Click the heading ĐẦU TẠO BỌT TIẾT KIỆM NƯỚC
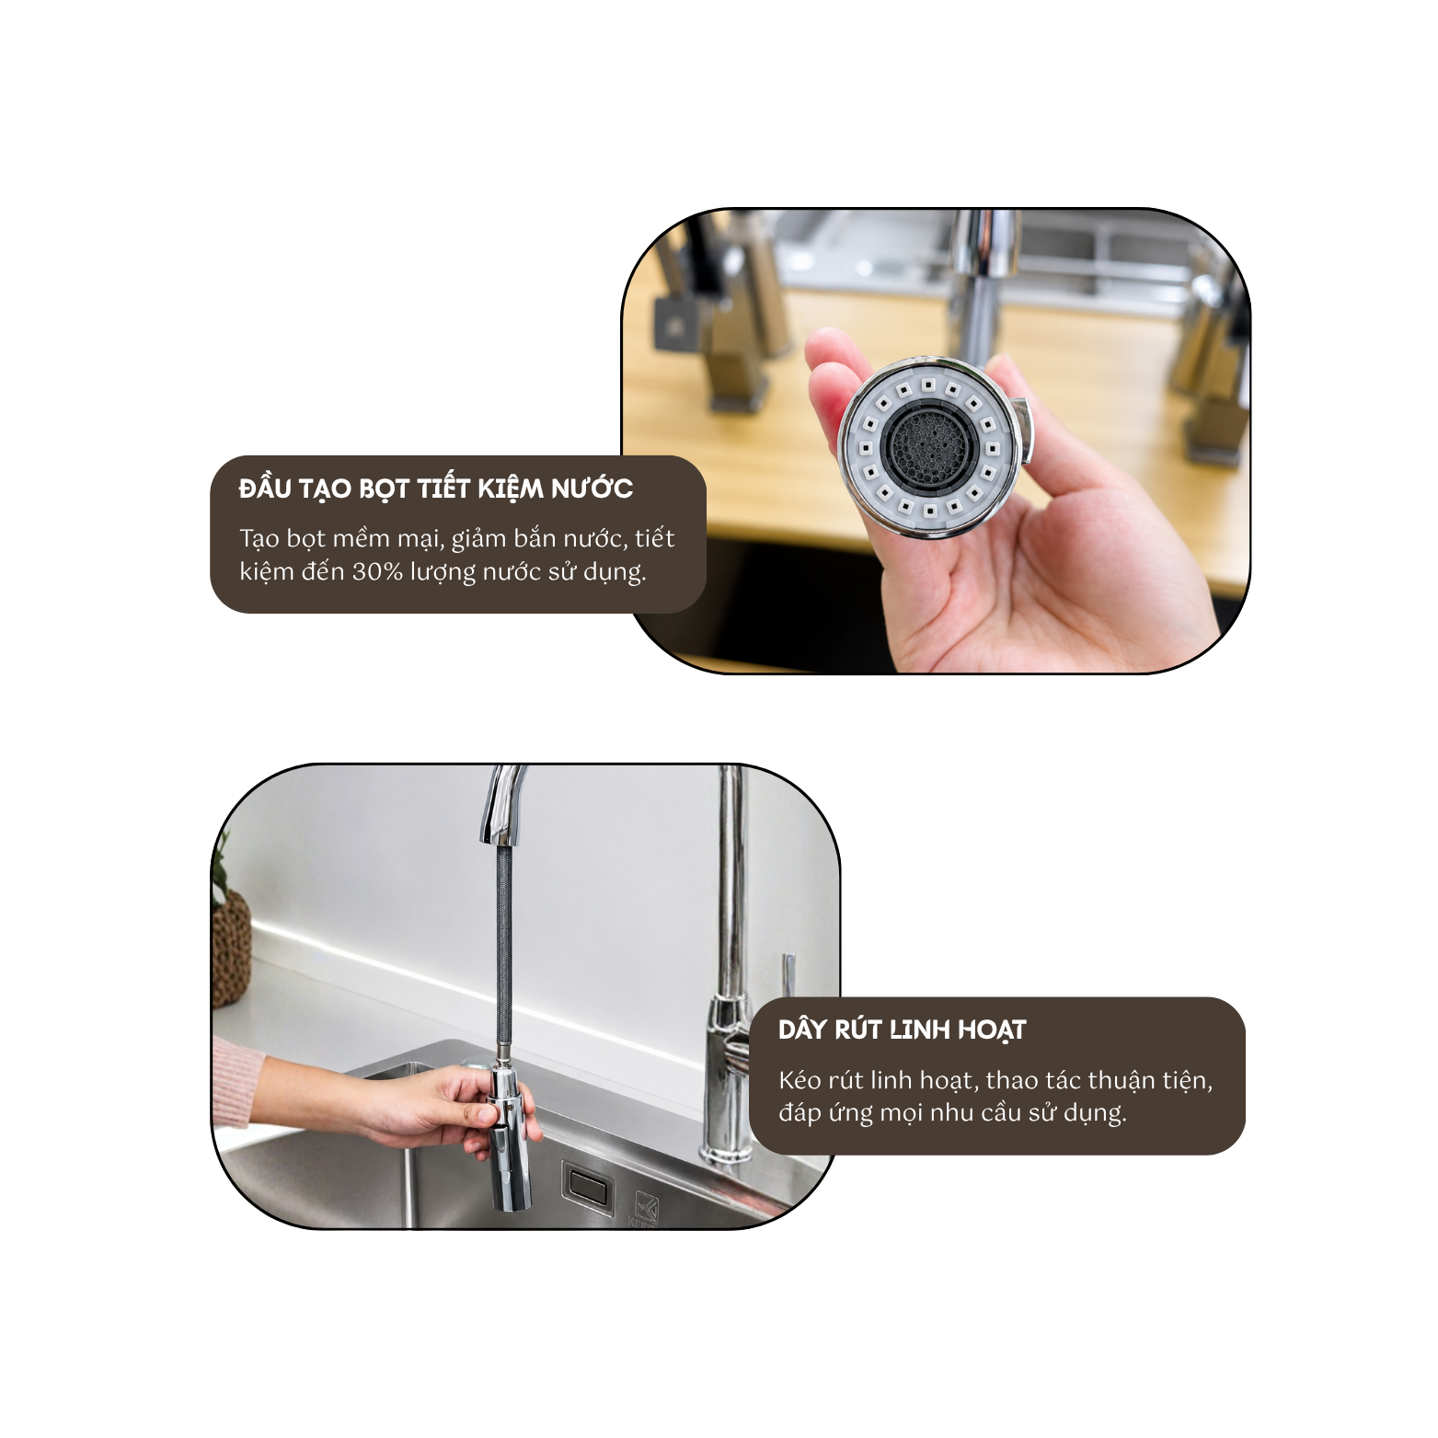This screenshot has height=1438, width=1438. pos(436,489)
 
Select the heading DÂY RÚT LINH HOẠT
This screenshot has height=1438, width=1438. pos(902,1030)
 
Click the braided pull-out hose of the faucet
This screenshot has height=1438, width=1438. pos(503,952)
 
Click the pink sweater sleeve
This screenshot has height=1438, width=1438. pos(237,1080)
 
